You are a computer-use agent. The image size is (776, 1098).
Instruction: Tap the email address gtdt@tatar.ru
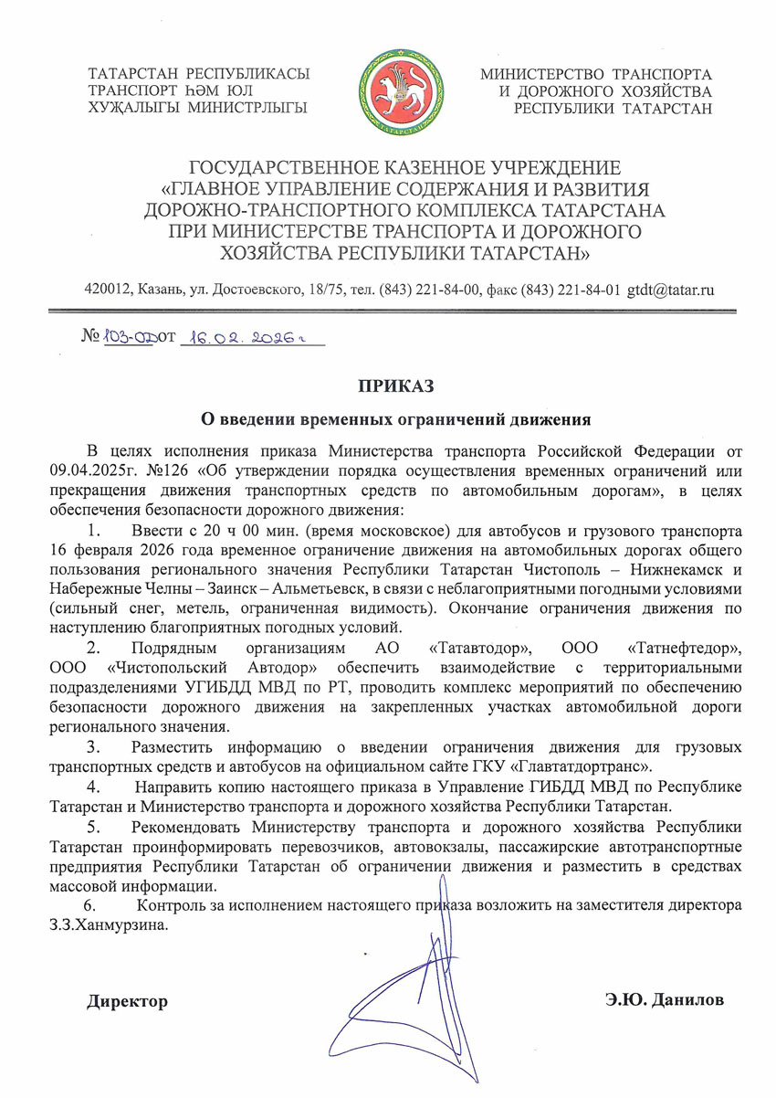671,290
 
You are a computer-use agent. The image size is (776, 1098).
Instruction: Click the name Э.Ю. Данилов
664,1000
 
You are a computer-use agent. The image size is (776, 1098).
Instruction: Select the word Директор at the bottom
127,1001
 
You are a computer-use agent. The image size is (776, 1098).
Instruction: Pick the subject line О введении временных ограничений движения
397,419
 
